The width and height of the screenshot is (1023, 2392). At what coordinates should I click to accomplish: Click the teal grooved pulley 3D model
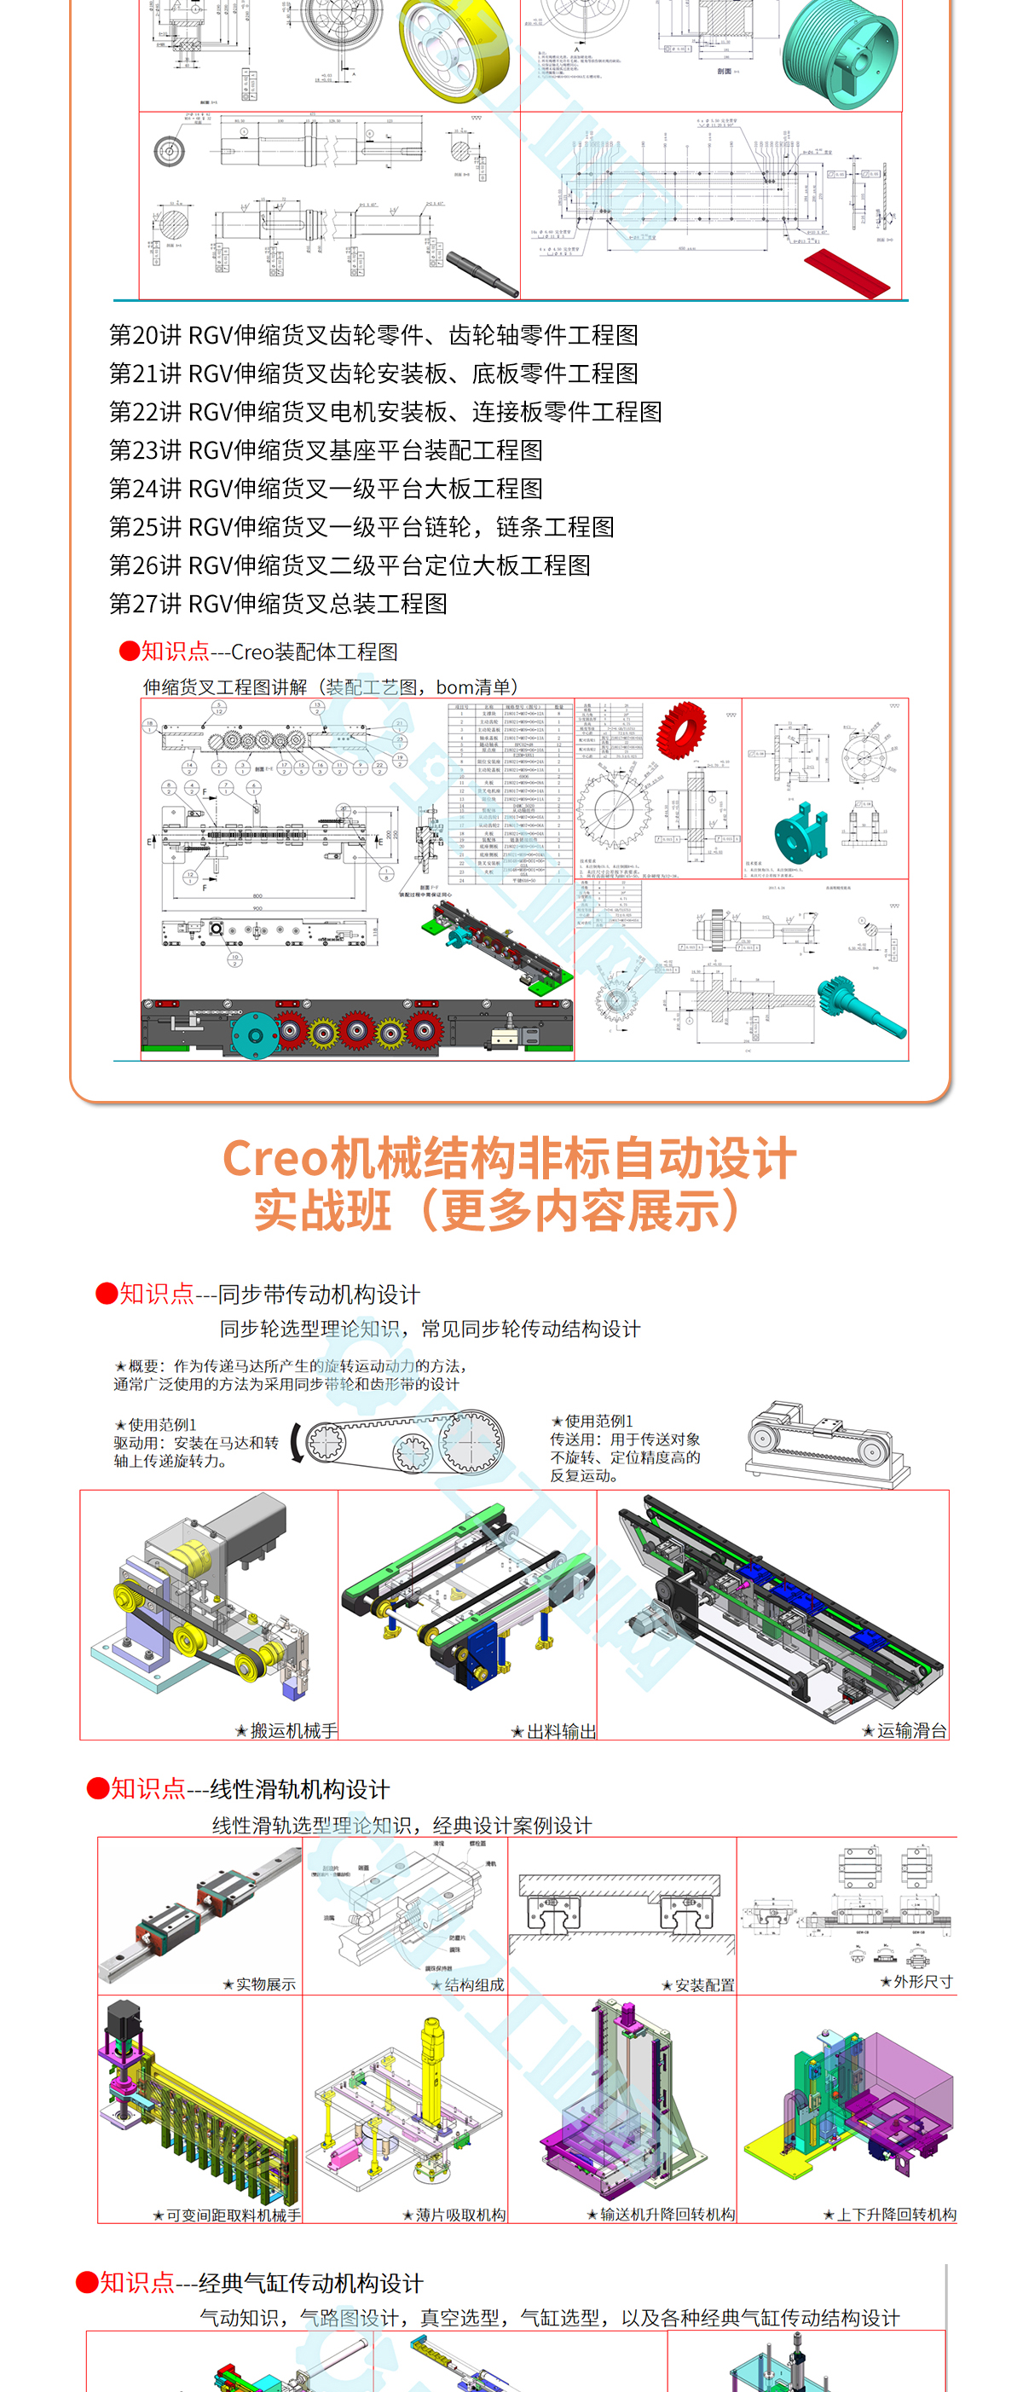tap(839, 51)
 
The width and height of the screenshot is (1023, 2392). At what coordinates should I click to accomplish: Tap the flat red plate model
tap(846, 273)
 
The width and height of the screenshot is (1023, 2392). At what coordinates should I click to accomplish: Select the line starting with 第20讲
tap(373, 335)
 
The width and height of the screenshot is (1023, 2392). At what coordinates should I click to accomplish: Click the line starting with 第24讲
tap(326, 489)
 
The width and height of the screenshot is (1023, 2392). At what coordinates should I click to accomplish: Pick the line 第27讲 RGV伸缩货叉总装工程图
tap(279, 604)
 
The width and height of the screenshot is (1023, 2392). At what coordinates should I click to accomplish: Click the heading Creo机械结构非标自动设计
tap(510, 1159)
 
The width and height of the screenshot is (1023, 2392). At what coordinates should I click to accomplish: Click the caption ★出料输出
tap(553, 1731)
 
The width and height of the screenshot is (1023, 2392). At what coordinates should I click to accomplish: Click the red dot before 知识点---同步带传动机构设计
tap(106, 1294)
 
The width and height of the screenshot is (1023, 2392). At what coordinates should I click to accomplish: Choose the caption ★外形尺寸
tap(916, 1982)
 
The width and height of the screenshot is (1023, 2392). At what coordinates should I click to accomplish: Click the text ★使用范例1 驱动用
tap(196, 1442)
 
